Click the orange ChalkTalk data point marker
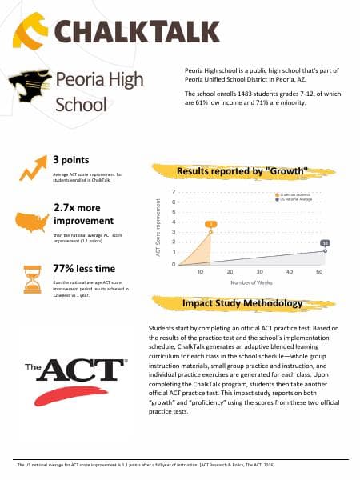point(210,232)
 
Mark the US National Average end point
point(326,251)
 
